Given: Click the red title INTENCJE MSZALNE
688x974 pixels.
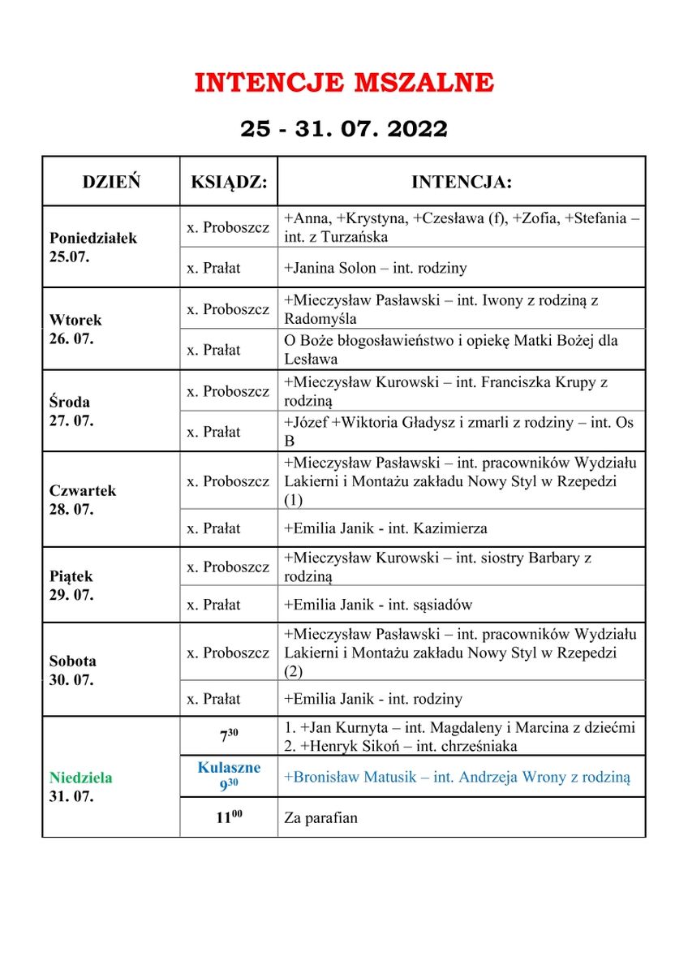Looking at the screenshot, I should tap(344, 83).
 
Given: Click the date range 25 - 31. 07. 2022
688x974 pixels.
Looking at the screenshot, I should tap(344, 129).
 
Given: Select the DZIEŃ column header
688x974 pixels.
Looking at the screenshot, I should tap(111, 182).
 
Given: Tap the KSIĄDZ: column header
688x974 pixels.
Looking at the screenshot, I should tap(229, 182).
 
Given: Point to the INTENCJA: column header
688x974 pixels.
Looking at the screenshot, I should tap(461, 182).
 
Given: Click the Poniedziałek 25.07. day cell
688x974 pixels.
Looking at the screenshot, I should tap(93, 248).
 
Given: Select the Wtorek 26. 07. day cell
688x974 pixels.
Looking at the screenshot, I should tap(75, 330).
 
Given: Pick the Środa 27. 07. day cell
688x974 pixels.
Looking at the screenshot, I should tap(71, 411).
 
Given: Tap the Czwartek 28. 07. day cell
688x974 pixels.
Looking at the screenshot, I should tap(83, 500).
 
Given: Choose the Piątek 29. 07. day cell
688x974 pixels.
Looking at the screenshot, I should tap(71, 585).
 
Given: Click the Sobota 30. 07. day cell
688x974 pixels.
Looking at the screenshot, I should tap(72, 670).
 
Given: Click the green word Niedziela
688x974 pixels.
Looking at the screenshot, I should tap(80, 778).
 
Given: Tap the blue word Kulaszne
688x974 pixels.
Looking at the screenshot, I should tap(229, 768).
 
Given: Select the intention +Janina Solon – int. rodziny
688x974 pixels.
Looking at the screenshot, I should tap(375, 268).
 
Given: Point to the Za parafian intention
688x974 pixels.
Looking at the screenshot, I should tap(320, 817).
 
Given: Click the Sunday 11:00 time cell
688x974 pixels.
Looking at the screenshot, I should tap(229, 817).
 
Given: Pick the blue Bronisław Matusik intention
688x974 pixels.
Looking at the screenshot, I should tap(457, 777).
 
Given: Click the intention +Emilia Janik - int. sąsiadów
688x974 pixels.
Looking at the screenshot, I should tap(378, 605).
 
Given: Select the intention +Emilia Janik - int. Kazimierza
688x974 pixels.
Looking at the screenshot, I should tap(385, 528).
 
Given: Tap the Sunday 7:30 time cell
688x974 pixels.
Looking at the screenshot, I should tap(229, 737).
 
